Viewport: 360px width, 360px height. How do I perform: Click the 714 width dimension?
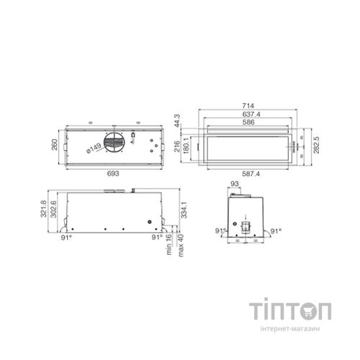point(248,106)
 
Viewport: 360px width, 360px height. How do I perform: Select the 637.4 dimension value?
point(251,114)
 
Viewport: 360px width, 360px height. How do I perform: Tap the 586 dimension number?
point(248,122)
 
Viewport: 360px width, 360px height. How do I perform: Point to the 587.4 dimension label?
point(251,174)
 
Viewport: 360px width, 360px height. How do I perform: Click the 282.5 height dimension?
point(316,145)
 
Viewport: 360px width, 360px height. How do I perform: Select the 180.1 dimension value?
point(186,146)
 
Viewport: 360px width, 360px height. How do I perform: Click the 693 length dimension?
point(113,174)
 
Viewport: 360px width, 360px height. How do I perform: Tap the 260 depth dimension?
point(55,145)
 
